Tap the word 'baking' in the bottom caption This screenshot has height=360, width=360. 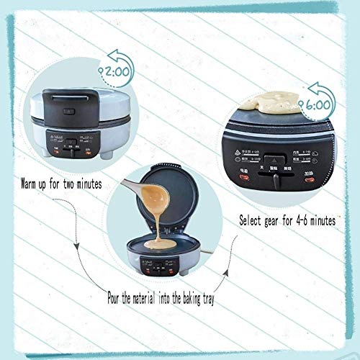click(x=190, y=296)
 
